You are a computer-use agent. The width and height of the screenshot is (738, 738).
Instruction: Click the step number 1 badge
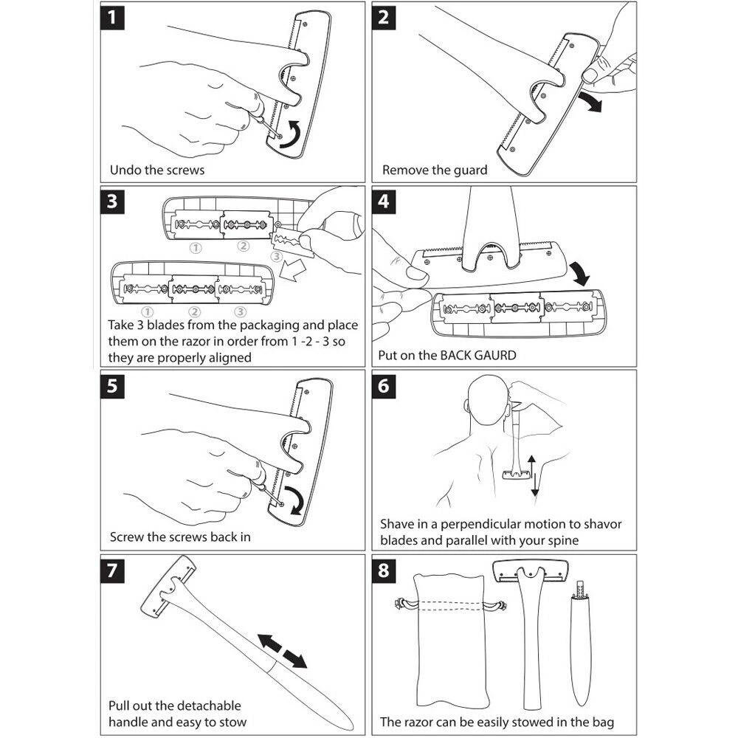(112, 18)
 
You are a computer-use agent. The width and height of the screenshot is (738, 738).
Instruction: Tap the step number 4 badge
(384, 201)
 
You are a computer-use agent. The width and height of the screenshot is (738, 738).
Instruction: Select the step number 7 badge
(112, 570)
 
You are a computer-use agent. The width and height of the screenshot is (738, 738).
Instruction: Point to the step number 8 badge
(384, 570)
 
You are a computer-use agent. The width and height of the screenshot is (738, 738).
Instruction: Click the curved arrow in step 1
(290, 134)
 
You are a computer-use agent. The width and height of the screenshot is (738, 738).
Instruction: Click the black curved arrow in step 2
(590, 102)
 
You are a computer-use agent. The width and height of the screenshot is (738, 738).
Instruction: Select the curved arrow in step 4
(579, 273)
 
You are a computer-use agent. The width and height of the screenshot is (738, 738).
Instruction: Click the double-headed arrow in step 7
(282, 651)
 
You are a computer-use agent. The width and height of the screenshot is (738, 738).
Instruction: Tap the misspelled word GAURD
(495, 356)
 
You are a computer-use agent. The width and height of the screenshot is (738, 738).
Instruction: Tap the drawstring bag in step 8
(450, 641)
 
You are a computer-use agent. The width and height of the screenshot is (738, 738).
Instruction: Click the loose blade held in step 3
(288, 244)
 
